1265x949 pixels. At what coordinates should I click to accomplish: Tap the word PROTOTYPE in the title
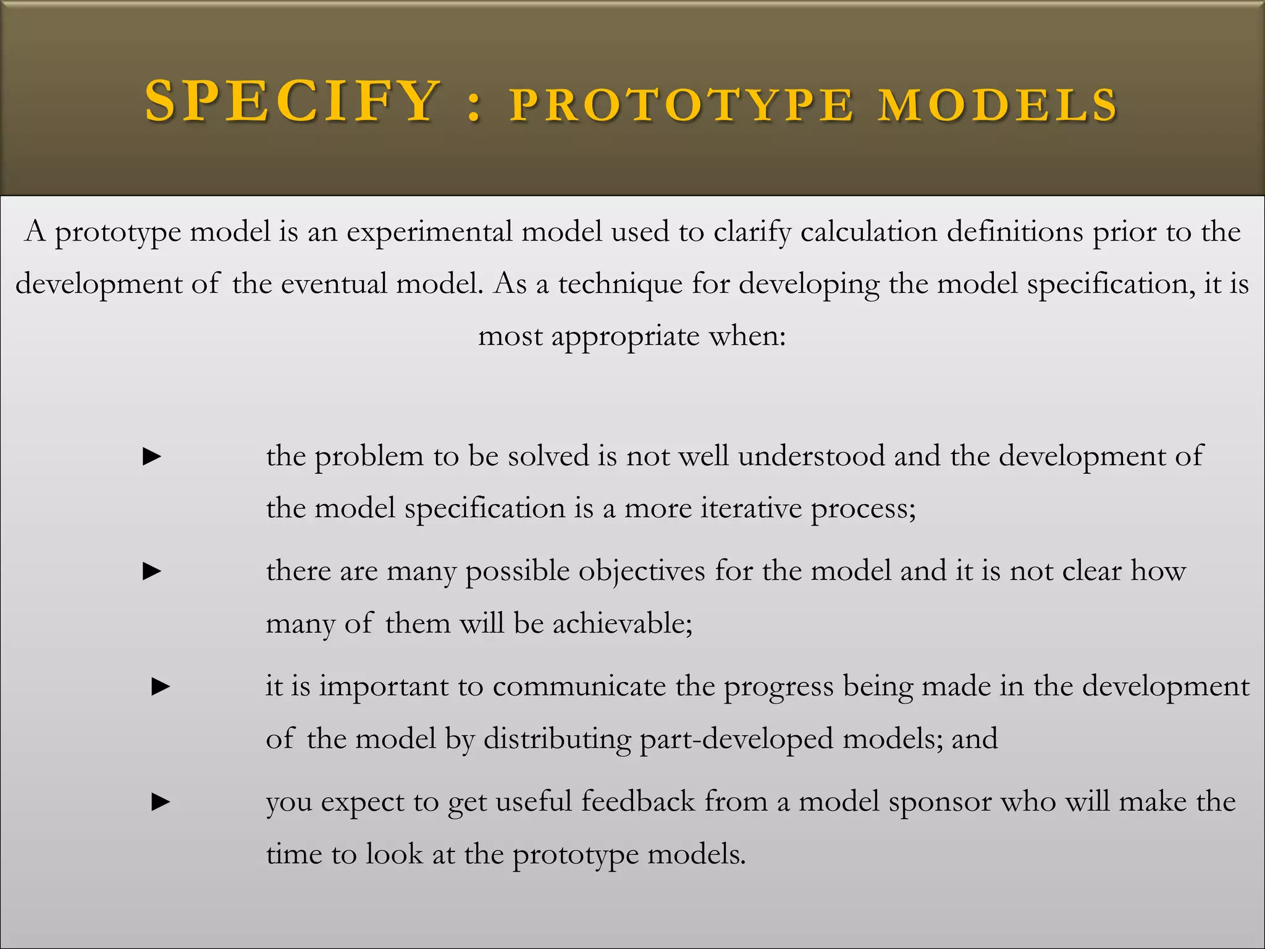click(682, 105)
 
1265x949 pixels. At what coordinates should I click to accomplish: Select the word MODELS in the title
click(998, 105)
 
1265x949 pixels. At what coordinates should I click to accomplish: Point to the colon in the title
click(474, 105)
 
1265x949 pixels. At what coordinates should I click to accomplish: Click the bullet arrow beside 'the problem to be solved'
click(152, 457)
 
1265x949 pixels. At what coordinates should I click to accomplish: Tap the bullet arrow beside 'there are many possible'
click(152, 572)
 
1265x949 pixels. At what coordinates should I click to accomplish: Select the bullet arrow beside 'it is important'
click(161, 686)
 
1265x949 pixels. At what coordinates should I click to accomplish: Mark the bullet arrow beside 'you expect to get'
click(161, 802)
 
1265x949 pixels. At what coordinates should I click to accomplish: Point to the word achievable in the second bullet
click(622, 623)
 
